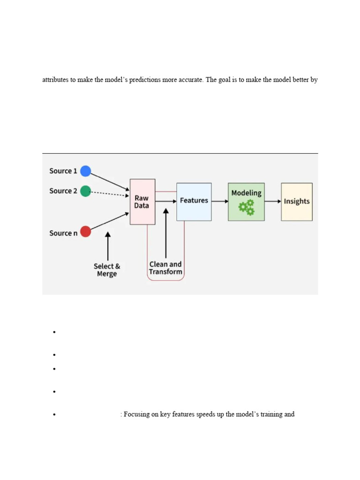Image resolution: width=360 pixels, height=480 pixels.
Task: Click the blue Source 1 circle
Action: pyautogui.click(x=85, y=171)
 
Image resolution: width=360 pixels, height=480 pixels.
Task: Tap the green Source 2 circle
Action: pyautogui.click(x=85, y=191)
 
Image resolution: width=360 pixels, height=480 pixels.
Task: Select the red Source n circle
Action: pyautogui.click(x=85, y=232)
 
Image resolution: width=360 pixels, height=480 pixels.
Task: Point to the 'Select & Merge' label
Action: pyautogui.click(x=107, y=270)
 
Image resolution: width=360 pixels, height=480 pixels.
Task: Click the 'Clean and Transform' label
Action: pyautogui.click(x=165, y=268)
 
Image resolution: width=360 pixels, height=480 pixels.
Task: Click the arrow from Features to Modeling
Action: pyautogui.click(x=219, y=202)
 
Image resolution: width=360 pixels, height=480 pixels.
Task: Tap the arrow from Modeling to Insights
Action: pyautogui.click(x=273, y=202)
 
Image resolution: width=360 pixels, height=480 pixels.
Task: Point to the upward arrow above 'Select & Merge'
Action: pyautogui.click(x=108, y=246)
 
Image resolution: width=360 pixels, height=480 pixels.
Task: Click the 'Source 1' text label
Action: pyautogui.click(x=63, y=171)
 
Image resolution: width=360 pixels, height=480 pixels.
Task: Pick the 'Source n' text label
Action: pyautogui.click(x=63, y=233)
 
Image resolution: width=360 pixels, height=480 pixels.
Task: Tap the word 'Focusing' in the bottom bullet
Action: pyautogui.click(x=137, y=414)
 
